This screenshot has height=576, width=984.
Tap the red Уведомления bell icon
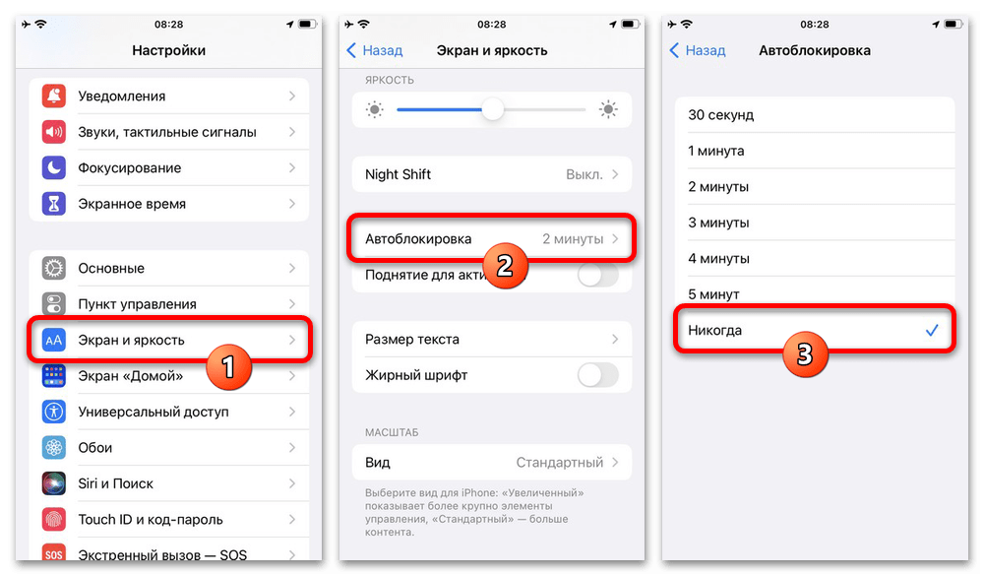pos(54,96)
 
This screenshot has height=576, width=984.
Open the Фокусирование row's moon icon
pos(54,167)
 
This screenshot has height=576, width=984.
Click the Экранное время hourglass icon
pos(54,204)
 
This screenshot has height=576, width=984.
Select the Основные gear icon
pos(54,268)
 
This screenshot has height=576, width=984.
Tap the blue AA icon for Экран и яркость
pos(54,340)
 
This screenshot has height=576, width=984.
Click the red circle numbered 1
pos(228,367)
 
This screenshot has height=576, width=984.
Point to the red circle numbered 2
pos(505,266)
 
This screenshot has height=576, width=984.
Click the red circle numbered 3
pos(805,353)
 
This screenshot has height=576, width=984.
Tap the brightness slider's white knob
pos(493,109)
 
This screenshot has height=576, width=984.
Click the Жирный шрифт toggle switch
pos(597,375)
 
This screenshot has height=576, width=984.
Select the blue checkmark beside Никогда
pos(932,330)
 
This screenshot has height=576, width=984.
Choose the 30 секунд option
pos(720,115)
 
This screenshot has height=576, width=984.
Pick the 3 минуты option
pos(718,223)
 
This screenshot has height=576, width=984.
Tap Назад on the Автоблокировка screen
pos(698,50)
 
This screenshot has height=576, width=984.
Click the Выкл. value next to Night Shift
pos(584,174)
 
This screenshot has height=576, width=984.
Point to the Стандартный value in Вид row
pos(559,463)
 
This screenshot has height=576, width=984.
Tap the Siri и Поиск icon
pos(54,483)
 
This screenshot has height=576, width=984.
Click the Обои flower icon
pos(54,448)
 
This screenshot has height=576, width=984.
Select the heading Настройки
pos(169,50)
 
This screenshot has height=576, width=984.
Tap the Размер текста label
pos(411,339)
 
